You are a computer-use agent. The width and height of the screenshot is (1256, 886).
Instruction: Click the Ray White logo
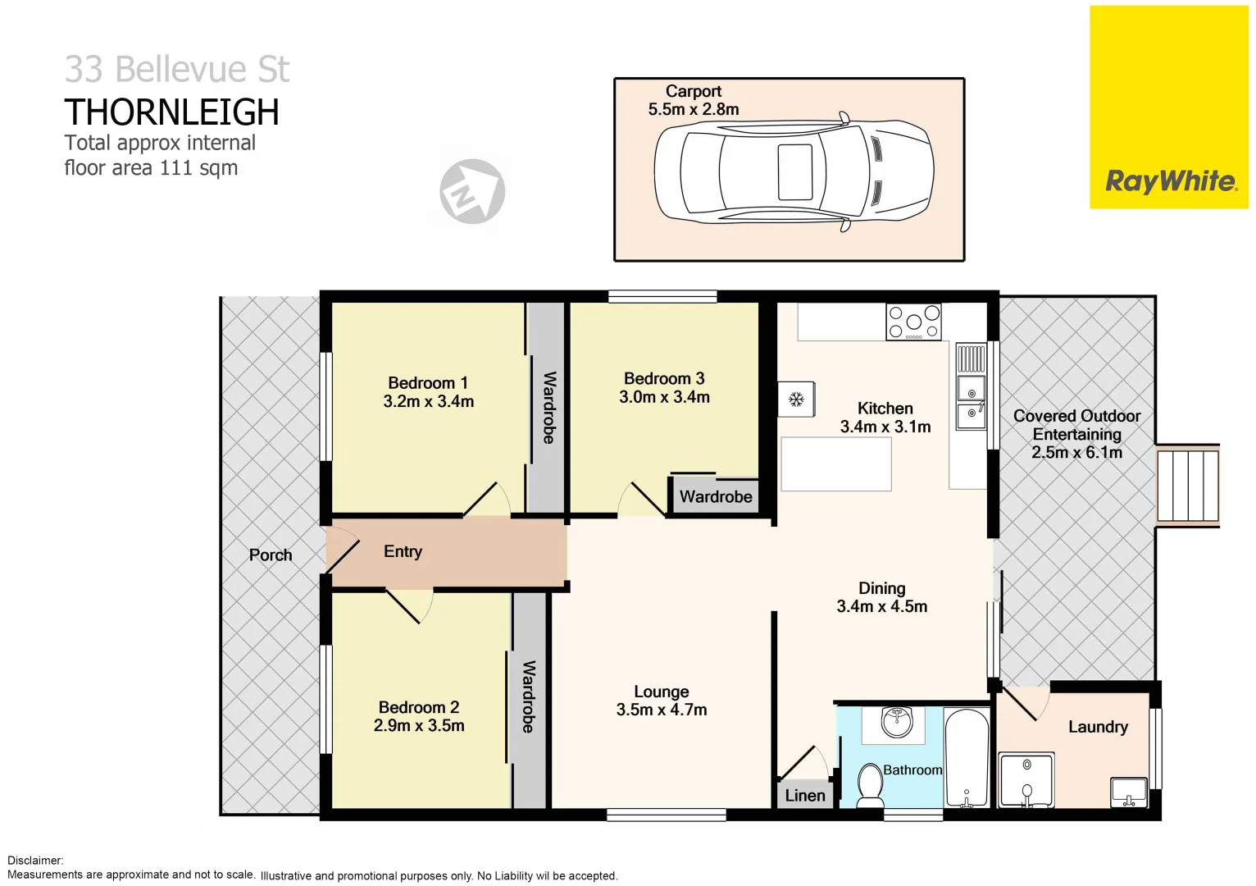[1169, 181]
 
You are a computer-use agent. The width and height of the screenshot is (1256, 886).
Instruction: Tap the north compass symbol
[471, 192]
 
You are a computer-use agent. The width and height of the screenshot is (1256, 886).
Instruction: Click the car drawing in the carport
[793, 172]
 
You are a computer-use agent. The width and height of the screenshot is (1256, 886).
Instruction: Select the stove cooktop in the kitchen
[913, 322]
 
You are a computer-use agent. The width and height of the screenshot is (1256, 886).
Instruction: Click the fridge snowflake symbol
[795, 400]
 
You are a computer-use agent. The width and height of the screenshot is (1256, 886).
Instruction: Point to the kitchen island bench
[835, 464]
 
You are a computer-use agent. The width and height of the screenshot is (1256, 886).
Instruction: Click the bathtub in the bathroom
[967, 758]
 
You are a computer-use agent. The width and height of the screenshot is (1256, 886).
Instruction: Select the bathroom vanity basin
[896, 722]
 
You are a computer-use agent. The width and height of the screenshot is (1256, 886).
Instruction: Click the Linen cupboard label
[804, 796]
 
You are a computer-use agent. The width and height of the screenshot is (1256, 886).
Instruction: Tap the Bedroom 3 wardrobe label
[715, 497]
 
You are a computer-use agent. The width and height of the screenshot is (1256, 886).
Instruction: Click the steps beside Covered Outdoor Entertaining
[1186, 486]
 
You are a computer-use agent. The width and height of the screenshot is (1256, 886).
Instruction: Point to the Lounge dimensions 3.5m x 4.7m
[661, 710]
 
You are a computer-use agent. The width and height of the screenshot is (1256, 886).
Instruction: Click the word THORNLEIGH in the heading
[171, 112]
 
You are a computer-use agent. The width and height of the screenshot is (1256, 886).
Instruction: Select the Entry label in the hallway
[403, 552]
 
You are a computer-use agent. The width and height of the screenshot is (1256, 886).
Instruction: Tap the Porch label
[271, 555]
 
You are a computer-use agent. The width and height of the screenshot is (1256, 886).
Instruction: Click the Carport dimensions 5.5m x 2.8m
[693, 110]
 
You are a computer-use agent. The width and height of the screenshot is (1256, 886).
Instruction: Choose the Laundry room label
[1097, 727]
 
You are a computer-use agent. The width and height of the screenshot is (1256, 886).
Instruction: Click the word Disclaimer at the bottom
[35, 861]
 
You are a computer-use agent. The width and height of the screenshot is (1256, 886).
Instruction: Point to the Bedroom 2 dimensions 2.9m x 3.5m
[418, 726]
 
